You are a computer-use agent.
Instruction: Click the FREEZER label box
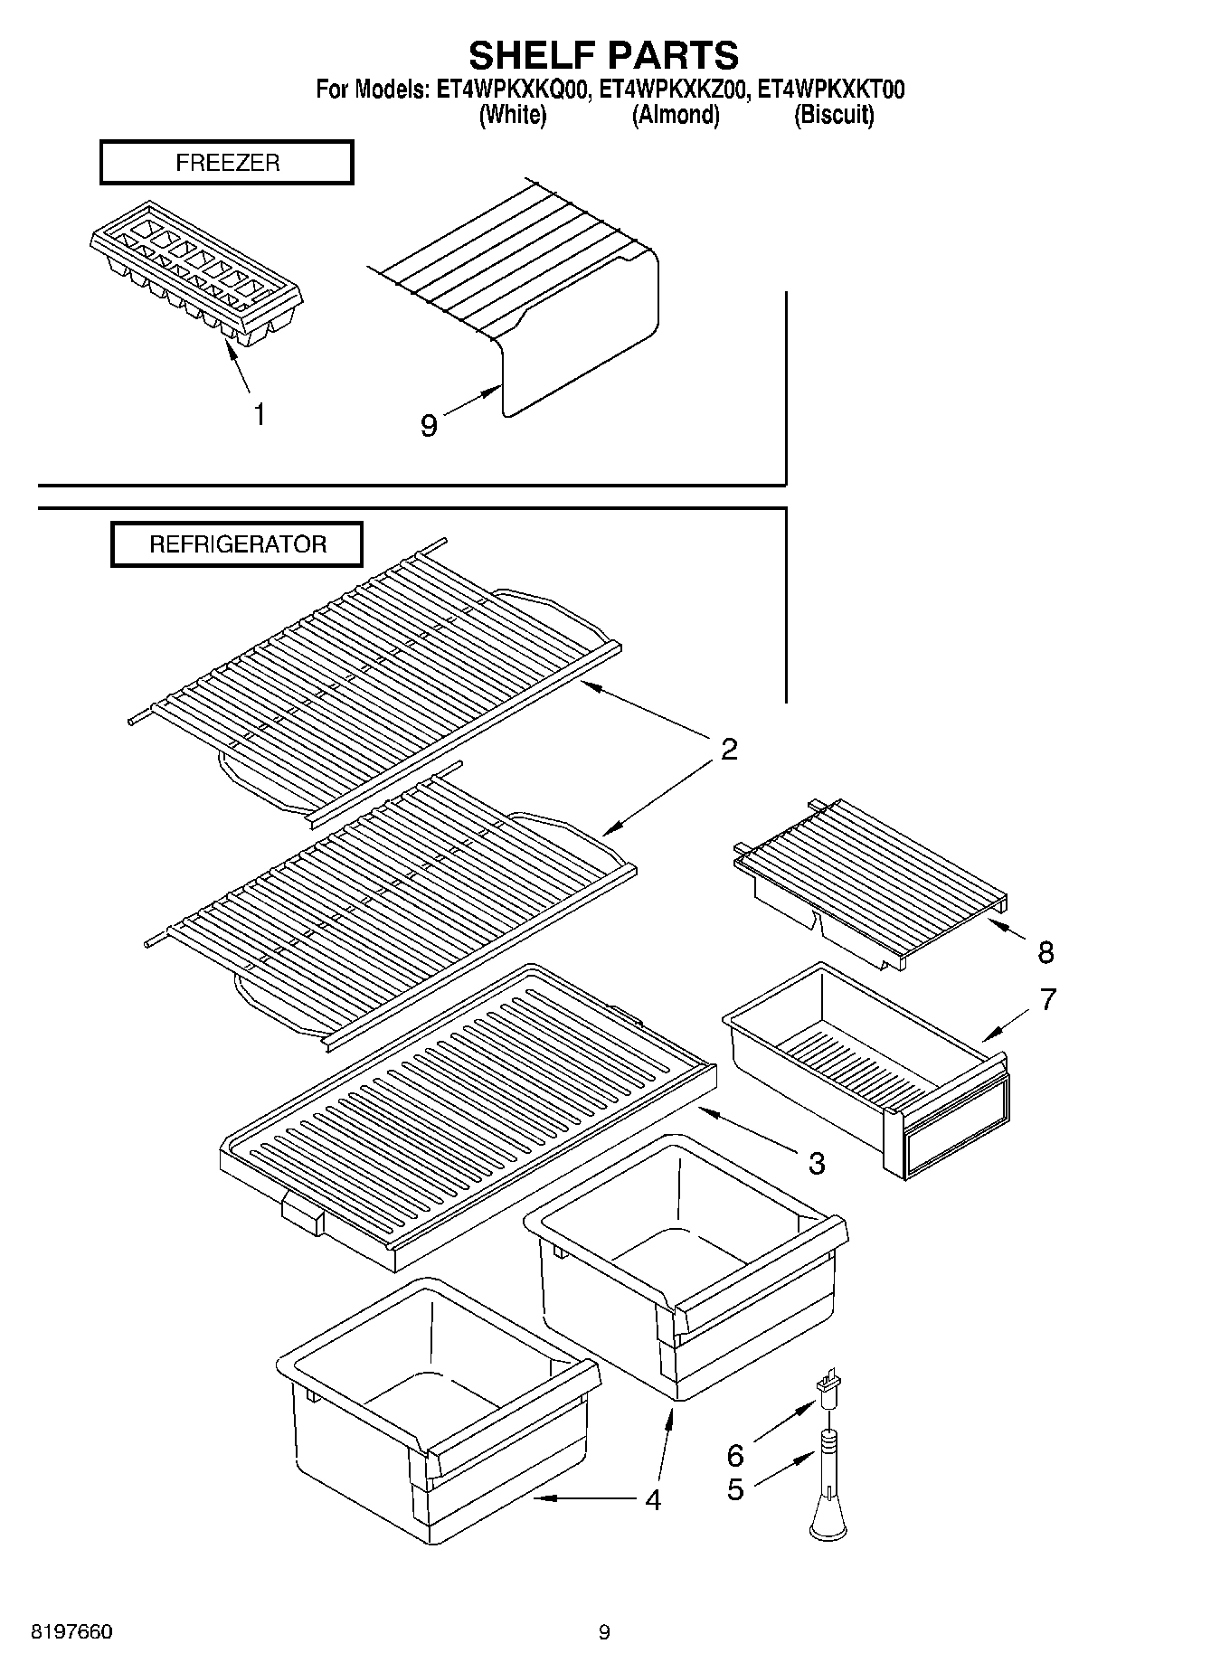tap(226, 163)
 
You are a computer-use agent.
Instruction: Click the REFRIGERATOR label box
tap(237, 544)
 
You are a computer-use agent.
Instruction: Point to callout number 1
tap(260, 415)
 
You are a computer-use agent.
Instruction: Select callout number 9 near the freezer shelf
tap(429, 425)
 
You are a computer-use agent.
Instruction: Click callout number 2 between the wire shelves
tap(729, 749)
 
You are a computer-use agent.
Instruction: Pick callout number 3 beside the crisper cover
tap(816, 1163)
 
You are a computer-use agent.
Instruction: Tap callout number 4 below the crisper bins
tap(653, 1499)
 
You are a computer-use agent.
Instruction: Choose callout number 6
tap(735, 1455)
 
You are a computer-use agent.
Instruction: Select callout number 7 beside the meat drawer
tap(1047, 1000)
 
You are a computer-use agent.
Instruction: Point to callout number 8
tap(1045, 951)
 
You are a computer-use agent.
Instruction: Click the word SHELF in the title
tap(531, 56)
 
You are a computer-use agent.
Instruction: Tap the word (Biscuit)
tap(833, 115)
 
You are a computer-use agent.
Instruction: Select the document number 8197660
tap(72, 1632)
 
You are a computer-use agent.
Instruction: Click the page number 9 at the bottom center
tap(604, 1632)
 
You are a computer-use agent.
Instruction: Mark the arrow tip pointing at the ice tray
tap(228, 346)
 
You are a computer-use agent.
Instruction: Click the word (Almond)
tap(675, 115)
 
